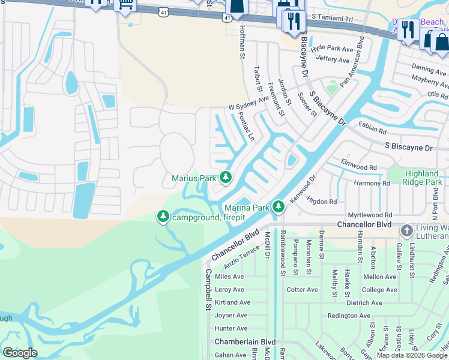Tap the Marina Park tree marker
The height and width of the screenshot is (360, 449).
[278, 207]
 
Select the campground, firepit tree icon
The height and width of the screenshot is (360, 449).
[163, 216]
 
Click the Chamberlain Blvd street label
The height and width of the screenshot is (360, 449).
[245, 342]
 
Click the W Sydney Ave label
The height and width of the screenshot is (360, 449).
[248, 103]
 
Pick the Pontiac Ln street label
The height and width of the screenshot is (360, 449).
[246, 127]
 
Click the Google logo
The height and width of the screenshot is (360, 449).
[20, 352]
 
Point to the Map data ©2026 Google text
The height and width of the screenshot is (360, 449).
[412, 355]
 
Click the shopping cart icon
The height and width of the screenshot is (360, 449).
[125, 4]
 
